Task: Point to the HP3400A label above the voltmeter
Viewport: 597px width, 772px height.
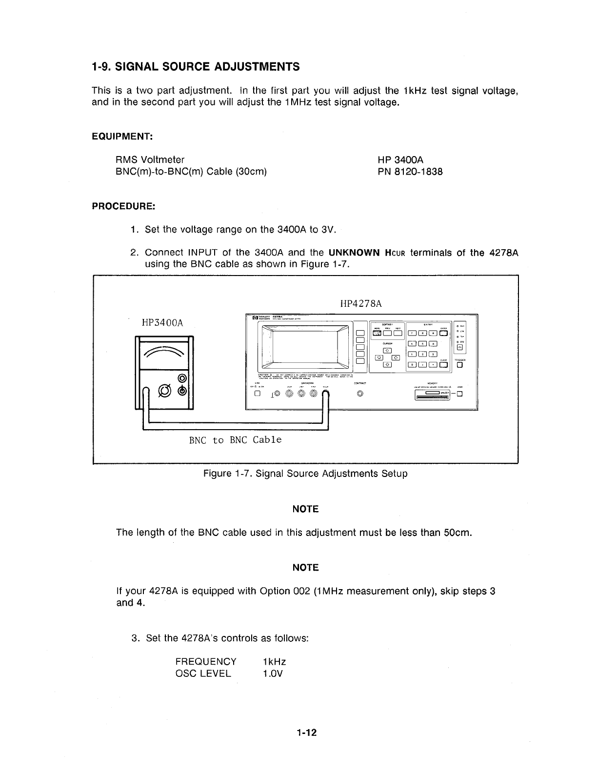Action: (162, 323)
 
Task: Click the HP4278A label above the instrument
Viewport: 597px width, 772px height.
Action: (360, 304)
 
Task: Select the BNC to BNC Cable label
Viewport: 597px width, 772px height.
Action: (235, 440)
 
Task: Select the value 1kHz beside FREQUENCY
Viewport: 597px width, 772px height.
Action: (274, 662)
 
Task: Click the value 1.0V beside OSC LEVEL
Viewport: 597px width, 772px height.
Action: (272, 674)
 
